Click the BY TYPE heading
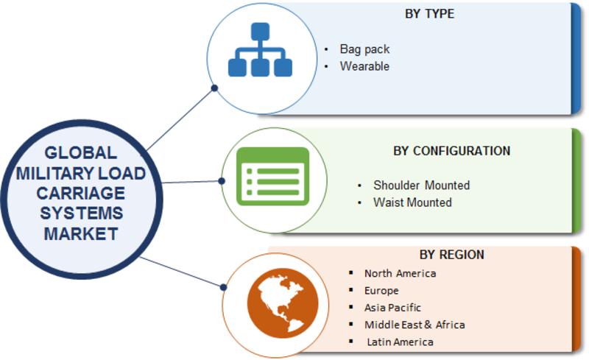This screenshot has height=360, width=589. pos(429,14)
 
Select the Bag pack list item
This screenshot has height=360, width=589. pos(364,49)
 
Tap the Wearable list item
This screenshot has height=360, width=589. pos(364,66)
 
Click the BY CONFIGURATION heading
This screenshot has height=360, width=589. pos(451,151)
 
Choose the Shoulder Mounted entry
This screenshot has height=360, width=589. pos(421,185)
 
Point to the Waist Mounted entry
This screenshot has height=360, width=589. pos(412,202)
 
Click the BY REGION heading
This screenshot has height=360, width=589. pos(451,255)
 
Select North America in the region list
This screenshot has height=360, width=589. pos(400,273)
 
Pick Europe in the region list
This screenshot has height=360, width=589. pos(381,291)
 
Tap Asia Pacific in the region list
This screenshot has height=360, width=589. pos(392,308)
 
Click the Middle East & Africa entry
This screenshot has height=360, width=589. pos(415,325)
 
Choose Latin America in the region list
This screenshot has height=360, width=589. pos(400,342)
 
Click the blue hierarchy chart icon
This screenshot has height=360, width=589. pos(260,49)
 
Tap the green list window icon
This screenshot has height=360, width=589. pos(272,176)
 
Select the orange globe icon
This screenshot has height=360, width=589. pos(283,303)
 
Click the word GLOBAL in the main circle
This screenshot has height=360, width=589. pos(81,153)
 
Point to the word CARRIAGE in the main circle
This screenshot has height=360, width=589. pos(81,193)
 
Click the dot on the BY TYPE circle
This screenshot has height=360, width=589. pos(214,88)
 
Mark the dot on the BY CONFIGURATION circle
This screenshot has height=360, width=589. pos(222,181)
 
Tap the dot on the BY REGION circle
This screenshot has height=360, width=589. pos(224,287)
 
